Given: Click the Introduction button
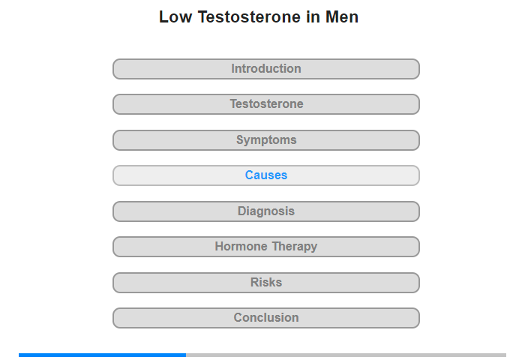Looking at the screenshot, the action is click(x=266, y=69).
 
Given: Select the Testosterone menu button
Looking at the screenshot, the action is click(x=266, y=104).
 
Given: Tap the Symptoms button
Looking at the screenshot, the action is click(x=266, y=140).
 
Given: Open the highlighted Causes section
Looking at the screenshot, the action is click(x=266, y=175).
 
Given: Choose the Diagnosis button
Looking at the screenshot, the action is click(x=266, y=211).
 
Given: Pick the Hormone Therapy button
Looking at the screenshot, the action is click(x=266, y=247).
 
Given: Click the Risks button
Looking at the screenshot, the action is click(x=266, y=283).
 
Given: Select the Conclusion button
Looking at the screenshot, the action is click(x=266, y=318).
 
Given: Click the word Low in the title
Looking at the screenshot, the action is click(x=175, y=17).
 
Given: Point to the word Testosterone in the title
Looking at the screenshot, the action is click(x=250, y=17).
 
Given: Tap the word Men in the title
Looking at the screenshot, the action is click(x=342, y=17).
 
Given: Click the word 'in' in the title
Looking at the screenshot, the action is click(x=313, y=17).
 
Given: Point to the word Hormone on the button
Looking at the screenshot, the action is click(x=241, y=247).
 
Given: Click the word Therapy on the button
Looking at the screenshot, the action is click(x=295, y=247).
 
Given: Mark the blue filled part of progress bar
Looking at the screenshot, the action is click(x=103, y=355).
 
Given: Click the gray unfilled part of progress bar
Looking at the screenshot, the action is click(x=346, y=355).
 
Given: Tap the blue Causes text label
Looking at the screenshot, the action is click(x=266, y=175).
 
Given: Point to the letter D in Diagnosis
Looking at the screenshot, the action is click(x=241, y=211).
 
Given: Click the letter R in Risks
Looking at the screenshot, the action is click(x=255, y=282).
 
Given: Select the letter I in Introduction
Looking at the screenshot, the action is click(x=233, y=69).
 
